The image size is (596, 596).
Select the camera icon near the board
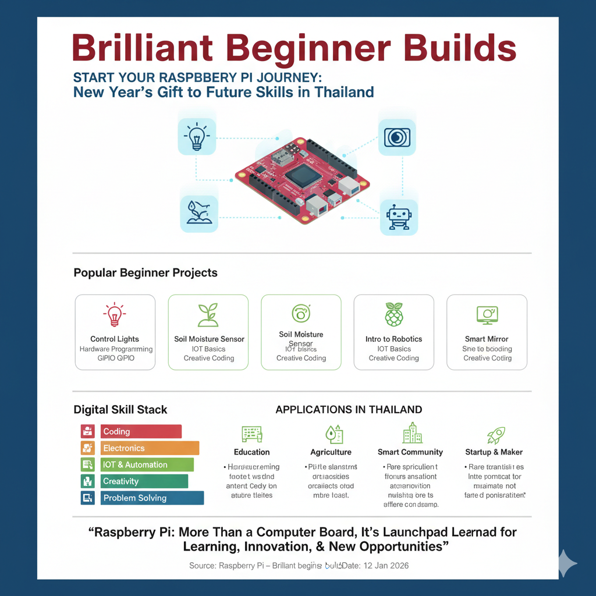[397, 137]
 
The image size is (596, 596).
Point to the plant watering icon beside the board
[198, 214]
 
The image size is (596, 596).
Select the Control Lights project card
[115, 332]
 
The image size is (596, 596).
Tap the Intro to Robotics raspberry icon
[394, 315]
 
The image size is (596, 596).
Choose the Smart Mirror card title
[487, 339]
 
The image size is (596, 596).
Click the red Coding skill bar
[141, 431]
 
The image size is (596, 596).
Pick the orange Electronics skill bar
[150, 448]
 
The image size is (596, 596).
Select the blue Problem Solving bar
[152, 498]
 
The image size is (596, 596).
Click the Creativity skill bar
[144, 481]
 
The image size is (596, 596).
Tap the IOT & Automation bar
[147, 464]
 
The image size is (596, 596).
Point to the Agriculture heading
[331, 452]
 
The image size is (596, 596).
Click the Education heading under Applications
[251, 452]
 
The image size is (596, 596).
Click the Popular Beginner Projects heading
[146, 272]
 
